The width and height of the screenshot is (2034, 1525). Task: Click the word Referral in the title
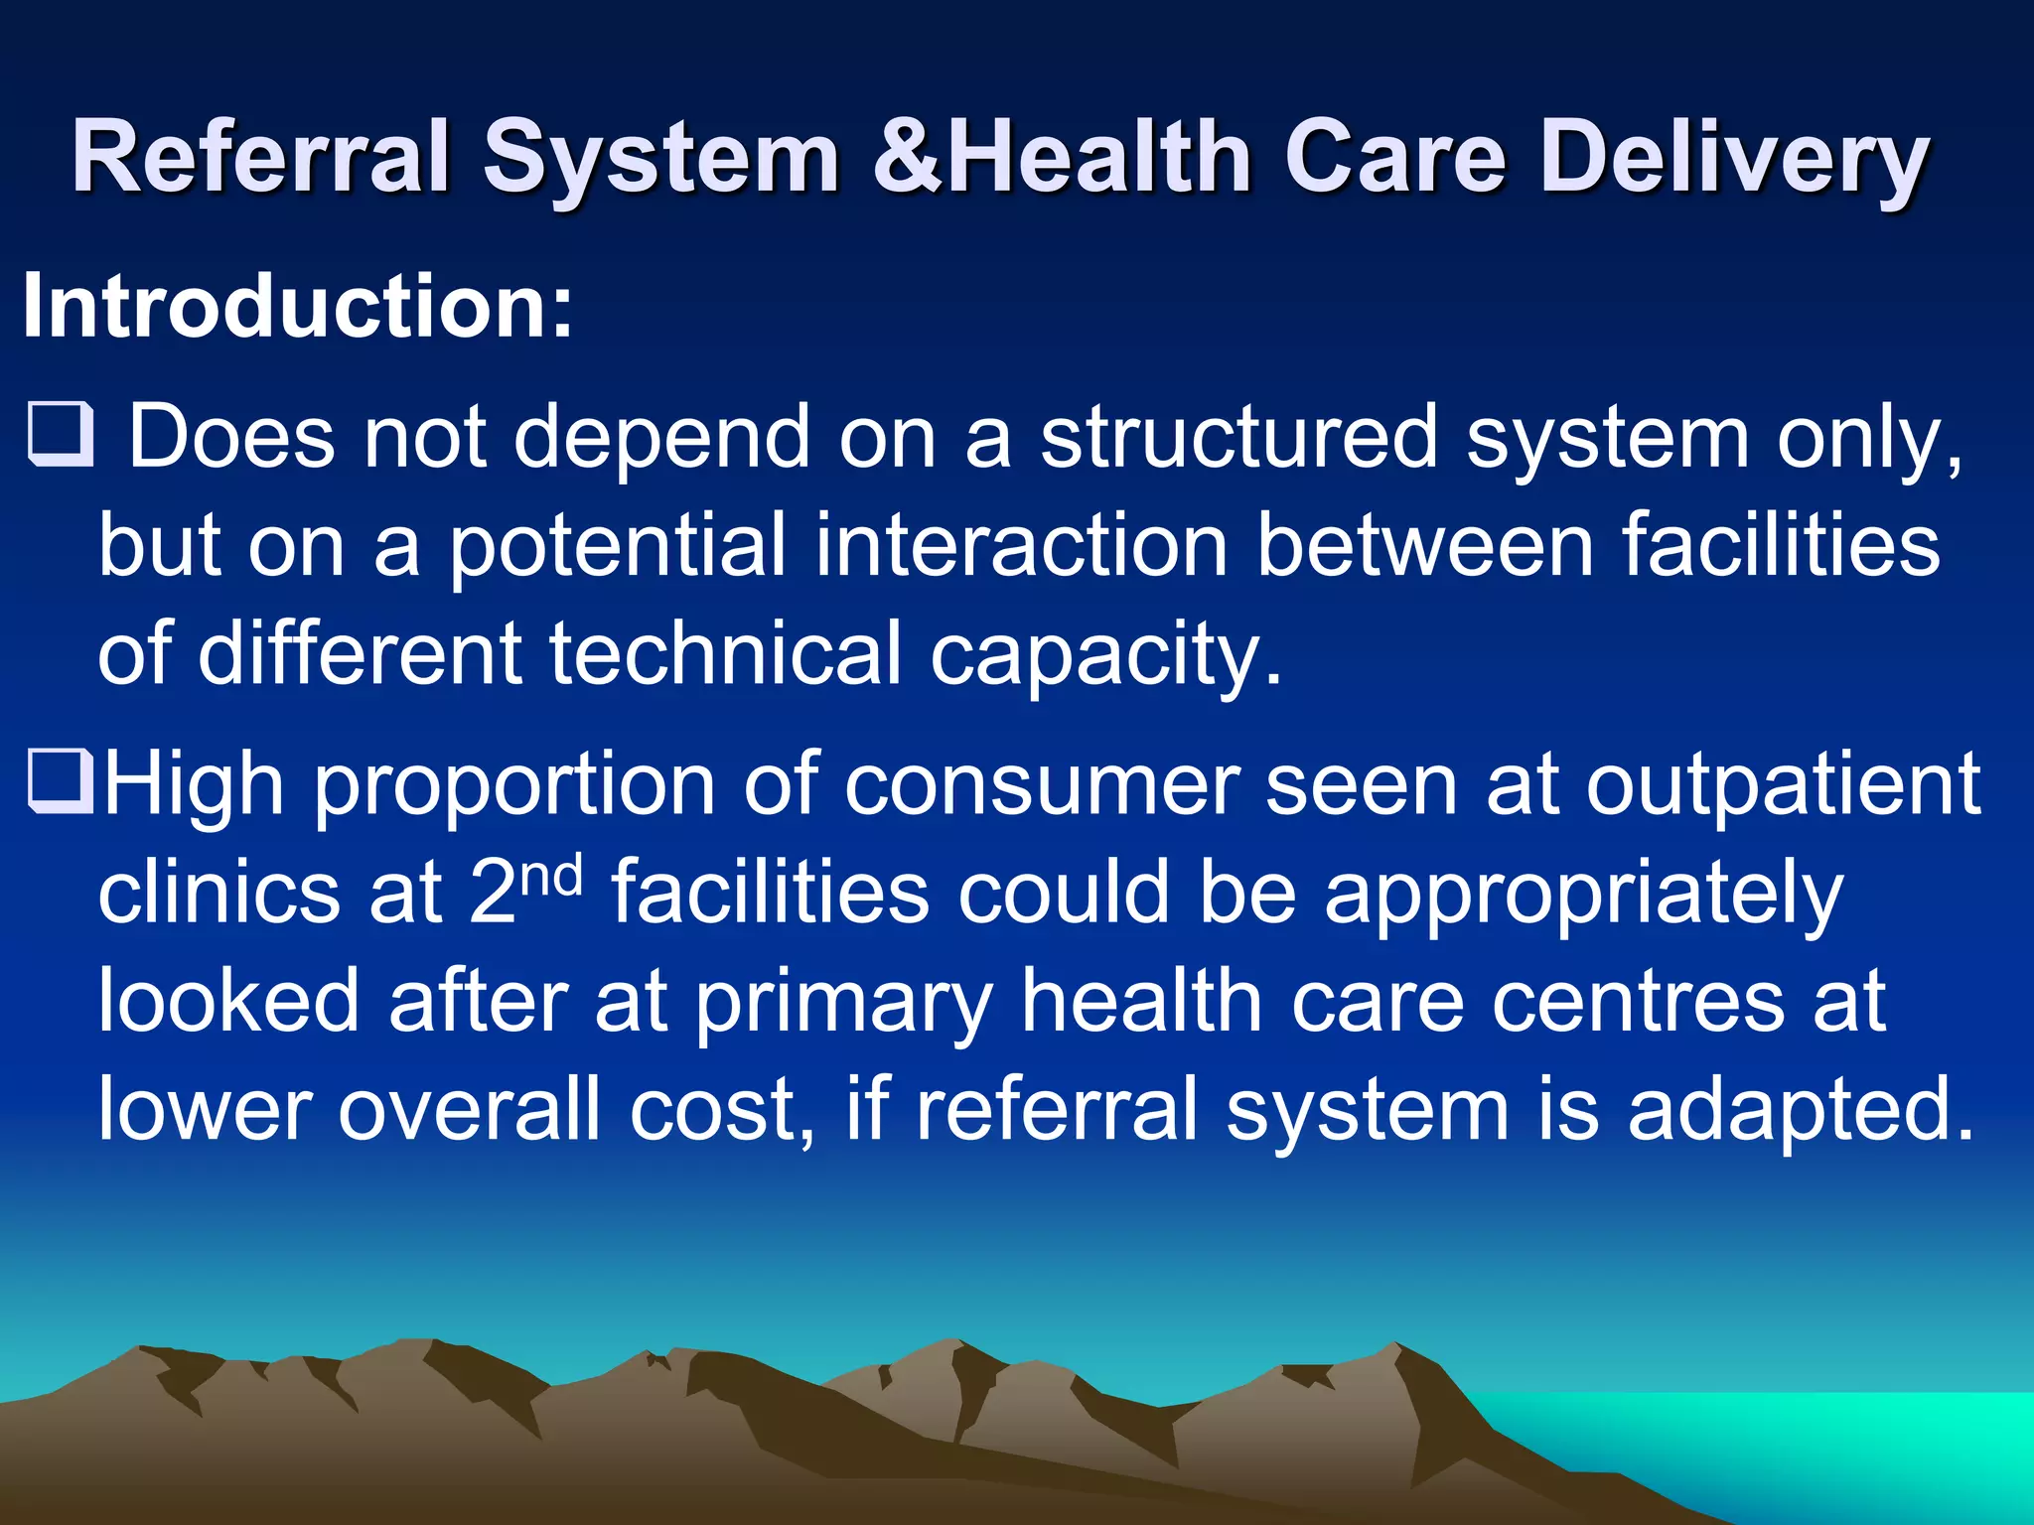pyautogui.click(x=260, y=157)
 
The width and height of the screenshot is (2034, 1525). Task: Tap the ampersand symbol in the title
pyautogui.click(x=907, y=157)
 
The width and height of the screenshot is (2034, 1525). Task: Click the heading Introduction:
pyautogui.click(x=297, y=307)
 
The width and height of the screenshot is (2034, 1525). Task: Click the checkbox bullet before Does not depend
pyautogui.click(x=60, y=436)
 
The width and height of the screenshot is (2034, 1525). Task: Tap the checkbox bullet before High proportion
pyautogui.click(x=60, y=782)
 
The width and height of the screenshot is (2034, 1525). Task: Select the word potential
pyautogui.click(x=617, y=546)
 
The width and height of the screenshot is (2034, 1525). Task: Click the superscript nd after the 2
pyautogui.click(x=551, y=874)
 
